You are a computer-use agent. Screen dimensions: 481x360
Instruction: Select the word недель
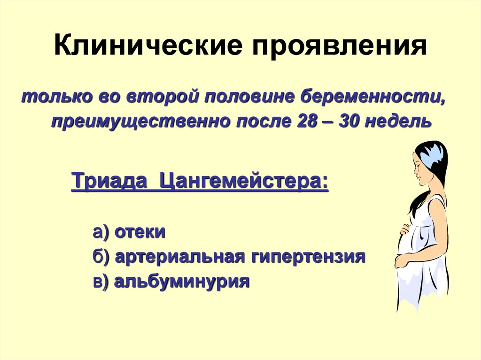pos(399,122)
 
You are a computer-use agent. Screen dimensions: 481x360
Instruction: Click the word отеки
pos(140,232)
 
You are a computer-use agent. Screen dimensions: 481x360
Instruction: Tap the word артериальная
pos(180,257)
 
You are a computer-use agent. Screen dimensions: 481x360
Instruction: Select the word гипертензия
pos(308,257)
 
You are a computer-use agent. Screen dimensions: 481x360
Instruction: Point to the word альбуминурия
pos(182,282)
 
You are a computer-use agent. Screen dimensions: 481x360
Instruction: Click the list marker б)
pos(101,257)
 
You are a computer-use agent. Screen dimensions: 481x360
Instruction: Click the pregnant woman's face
pos(421,169)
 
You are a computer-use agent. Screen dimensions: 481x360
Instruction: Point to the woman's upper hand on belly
pos(404,230)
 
